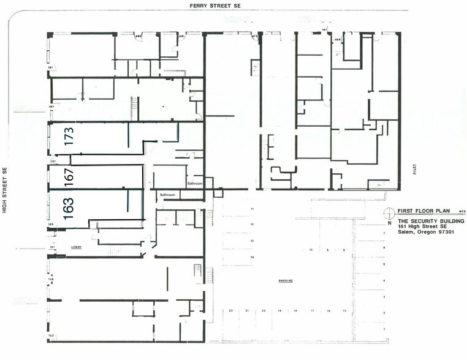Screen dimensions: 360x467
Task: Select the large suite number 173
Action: pos(69,135)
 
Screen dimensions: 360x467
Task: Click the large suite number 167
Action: pos(69,177)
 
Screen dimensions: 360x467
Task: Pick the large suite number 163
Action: pos(69,207)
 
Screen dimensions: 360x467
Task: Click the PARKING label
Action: pos(286,281)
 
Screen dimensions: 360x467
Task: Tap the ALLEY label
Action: pos(415,167)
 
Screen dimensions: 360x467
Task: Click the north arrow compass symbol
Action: pos(389,213)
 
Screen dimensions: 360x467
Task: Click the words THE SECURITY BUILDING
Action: pos(431,220)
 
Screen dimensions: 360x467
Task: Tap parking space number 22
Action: pos(230,311)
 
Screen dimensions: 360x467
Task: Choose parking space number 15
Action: pos(344,311)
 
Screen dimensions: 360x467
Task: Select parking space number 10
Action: pos(311,250)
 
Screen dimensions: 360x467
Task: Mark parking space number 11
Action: pos(252,209)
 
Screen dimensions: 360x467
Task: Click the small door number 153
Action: pos(51,336)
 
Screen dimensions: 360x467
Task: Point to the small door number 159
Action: pos(51,280)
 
